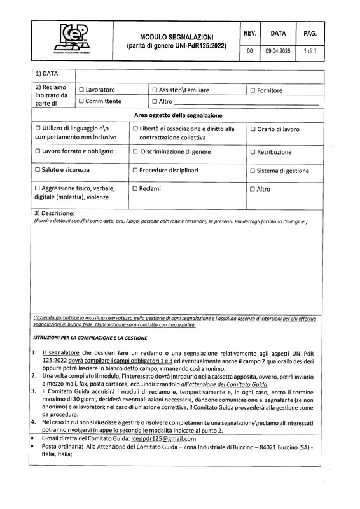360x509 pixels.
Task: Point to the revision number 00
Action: click(250, 50)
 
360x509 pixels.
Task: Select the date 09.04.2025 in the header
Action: click(277, 50)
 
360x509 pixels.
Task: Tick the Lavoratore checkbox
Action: click(81, 90)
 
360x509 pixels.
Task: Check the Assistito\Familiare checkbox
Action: click(155, 90)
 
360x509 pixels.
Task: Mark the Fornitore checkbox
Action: click(253, 90)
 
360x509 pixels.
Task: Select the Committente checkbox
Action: click(81, 101)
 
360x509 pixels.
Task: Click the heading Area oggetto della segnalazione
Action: click(178, 115)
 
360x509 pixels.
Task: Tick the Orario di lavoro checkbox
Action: click(253, 129)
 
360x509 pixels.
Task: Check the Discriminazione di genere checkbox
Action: click(135, 152)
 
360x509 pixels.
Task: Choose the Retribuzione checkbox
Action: click(253, 152)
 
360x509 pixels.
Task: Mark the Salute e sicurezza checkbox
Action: click(38, 170)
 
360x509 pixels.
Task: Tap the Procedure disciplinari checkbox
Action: click(135, 170)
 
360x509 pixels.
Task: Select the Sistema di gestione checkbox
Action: click(253, 171)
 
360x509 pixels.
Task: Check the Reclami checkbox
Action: click(135, 189)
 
